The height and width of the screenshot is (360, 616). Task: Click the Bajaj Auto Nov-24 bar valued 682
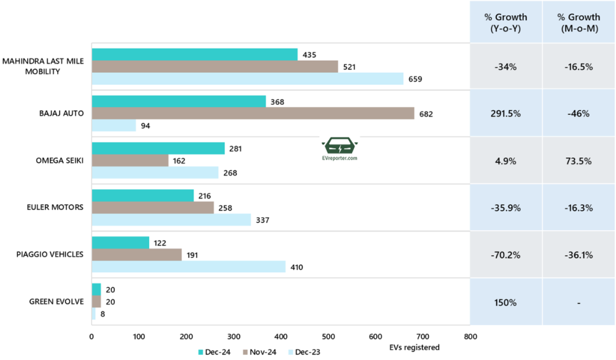point(253,113)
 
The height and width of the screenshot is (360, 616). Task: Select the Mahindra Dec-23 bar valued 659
point(247,78)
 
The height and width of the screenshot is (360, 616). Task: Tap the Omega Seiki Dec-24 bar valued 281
point(158,148)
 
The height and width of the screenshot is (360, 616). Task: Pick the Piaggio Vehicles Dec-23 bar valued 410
point(188,266)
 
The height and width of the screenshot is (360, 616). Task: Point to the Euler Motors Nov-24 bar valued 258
point(153,207)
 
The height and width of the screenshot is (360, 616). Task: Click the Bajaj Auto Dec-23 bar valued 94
point(114,125)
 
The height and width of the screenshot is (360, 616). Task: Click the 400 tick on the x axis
point(281,337)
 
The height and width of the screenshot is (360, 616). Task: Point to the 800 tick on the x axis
point(470,337)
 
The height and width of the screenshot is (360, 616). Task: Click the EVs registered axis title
point(414,347)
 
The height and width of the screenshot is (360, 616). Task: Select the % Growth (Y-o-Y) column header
point(505,22)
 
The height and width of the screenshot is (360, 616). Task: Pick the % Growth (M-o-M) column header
point(578,22)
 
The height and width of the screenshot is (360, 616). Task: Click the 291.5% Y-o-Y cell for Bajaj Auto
point(505,114)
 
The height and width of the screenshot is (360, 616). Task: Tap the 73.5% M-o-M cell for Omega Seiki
point(578,161)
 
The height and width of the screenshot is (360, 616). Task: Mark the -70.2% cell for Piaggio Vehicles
point(505,255)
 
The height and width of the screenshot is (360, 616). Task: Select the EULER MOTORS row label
point(59,208)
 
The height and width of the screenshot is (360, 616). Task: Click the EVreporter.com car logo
point(340,146)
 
